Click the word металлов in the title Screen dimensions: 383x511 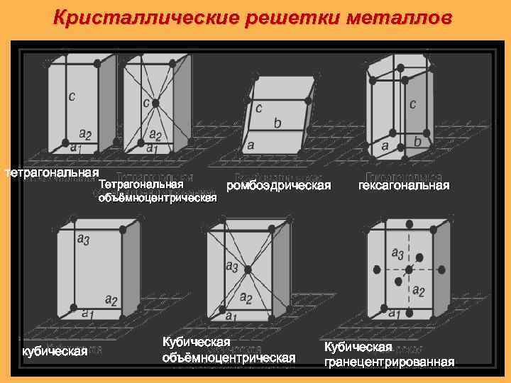click(402, 16)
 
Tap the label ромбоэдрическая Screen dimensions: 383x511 click(278, 186)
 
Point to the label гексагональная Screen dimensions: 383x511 click(404, 186)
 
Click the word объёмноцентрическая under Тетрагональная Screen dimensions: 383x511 click(157, 198)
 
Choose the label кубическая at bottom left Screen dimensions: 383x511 click(55, 351)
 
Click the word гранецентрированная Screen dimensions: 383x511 click(389, 362)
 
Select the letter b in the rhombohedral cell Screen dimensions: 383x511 click(278, 123)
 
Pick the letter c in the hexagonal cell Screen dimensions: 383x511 click(412, 104)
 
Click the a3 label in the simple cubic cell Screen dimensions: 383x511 click(83, 241)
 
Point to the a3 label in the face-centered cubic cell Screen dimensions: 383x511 click(397, 254)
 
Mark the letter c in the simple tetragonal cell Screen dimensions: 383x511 click(72, 96)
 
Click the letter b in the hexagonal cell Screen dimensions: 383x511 click(417, 142)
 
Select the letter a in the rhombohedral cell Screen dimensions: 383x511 click(251, 145)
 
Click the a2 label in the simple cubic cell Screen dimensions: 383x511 click(111, 299)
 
